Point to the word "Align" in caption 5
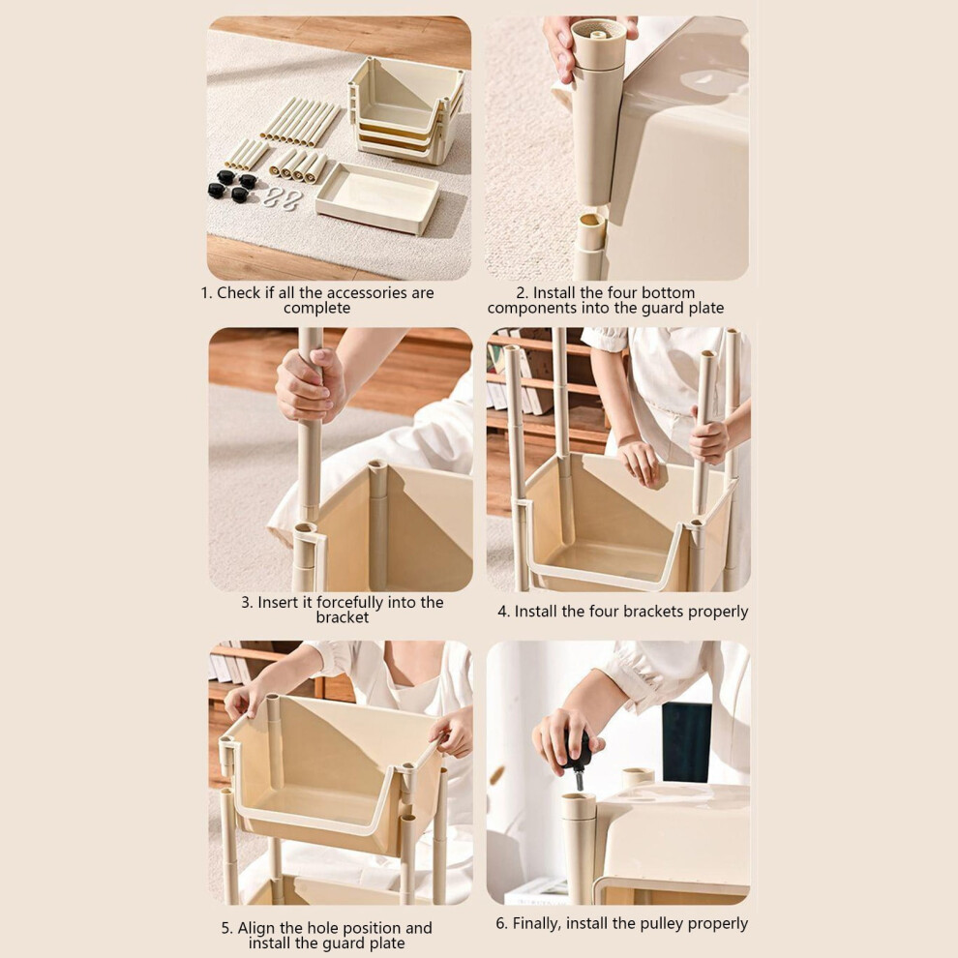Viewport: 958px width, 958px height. click(256, 928)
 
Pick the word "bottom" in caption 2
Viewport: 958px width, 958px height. click(672, 292)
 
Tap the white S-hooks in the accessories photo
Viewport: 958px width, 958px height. click(283, 198)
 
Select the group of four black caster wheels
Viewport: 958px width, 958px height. click(232, 187)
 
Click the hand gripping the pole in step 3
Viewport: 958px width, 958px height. click(310, 385)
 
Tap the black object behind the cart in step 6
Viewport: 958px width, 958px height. click(687, 742)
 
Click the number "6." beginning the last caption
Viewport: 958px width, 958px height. click(501, 924)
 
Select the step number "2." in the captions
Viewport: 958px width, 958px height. click(522, 292)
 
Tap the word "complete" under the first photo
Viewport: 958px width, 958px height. click(316, 308)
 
